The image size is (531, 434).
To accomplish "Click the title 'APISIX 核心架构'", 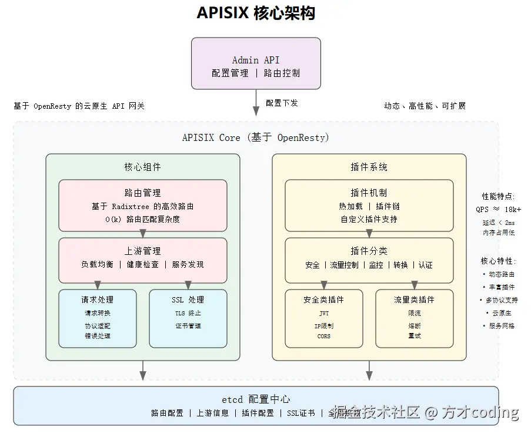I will [256, 13].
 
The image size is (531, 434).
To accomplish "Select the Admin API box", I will [256, 63].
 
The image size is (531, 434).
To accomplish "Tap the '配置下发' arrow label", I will [282, 103].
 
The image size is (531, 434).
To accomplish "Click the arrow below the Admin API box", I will [256, 102].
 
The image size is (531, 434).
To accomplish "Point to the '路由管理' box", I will [142, 206].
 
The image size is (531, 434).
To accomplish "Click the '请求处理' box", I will [98, 318].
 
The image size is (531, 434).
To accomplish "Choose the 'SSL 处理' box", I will [188, 318].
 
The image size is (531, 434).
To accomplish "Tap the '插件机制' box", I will [369, 206].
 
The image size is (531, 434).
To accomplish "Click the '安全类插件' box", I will [323, 318].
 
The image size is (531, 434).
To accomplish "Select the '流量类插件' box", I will [414, 318].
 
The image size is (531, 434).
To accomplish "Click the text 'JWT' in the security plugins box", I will [324, 314].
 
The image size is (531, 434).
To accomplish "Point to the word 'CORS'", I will [324, 336].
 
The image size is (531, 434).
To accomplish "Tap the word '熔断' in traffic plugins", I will [414, 325].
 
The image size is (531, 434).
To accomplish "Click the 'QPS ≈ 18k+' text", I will [498, 209].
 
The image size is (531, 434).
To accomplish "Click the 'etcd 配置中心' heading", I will [256, 399].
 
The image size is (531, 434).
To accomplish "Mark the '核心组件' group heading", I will [142, 167].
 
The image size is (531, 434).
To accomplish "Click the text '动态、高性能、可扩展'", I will [425, 106].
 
